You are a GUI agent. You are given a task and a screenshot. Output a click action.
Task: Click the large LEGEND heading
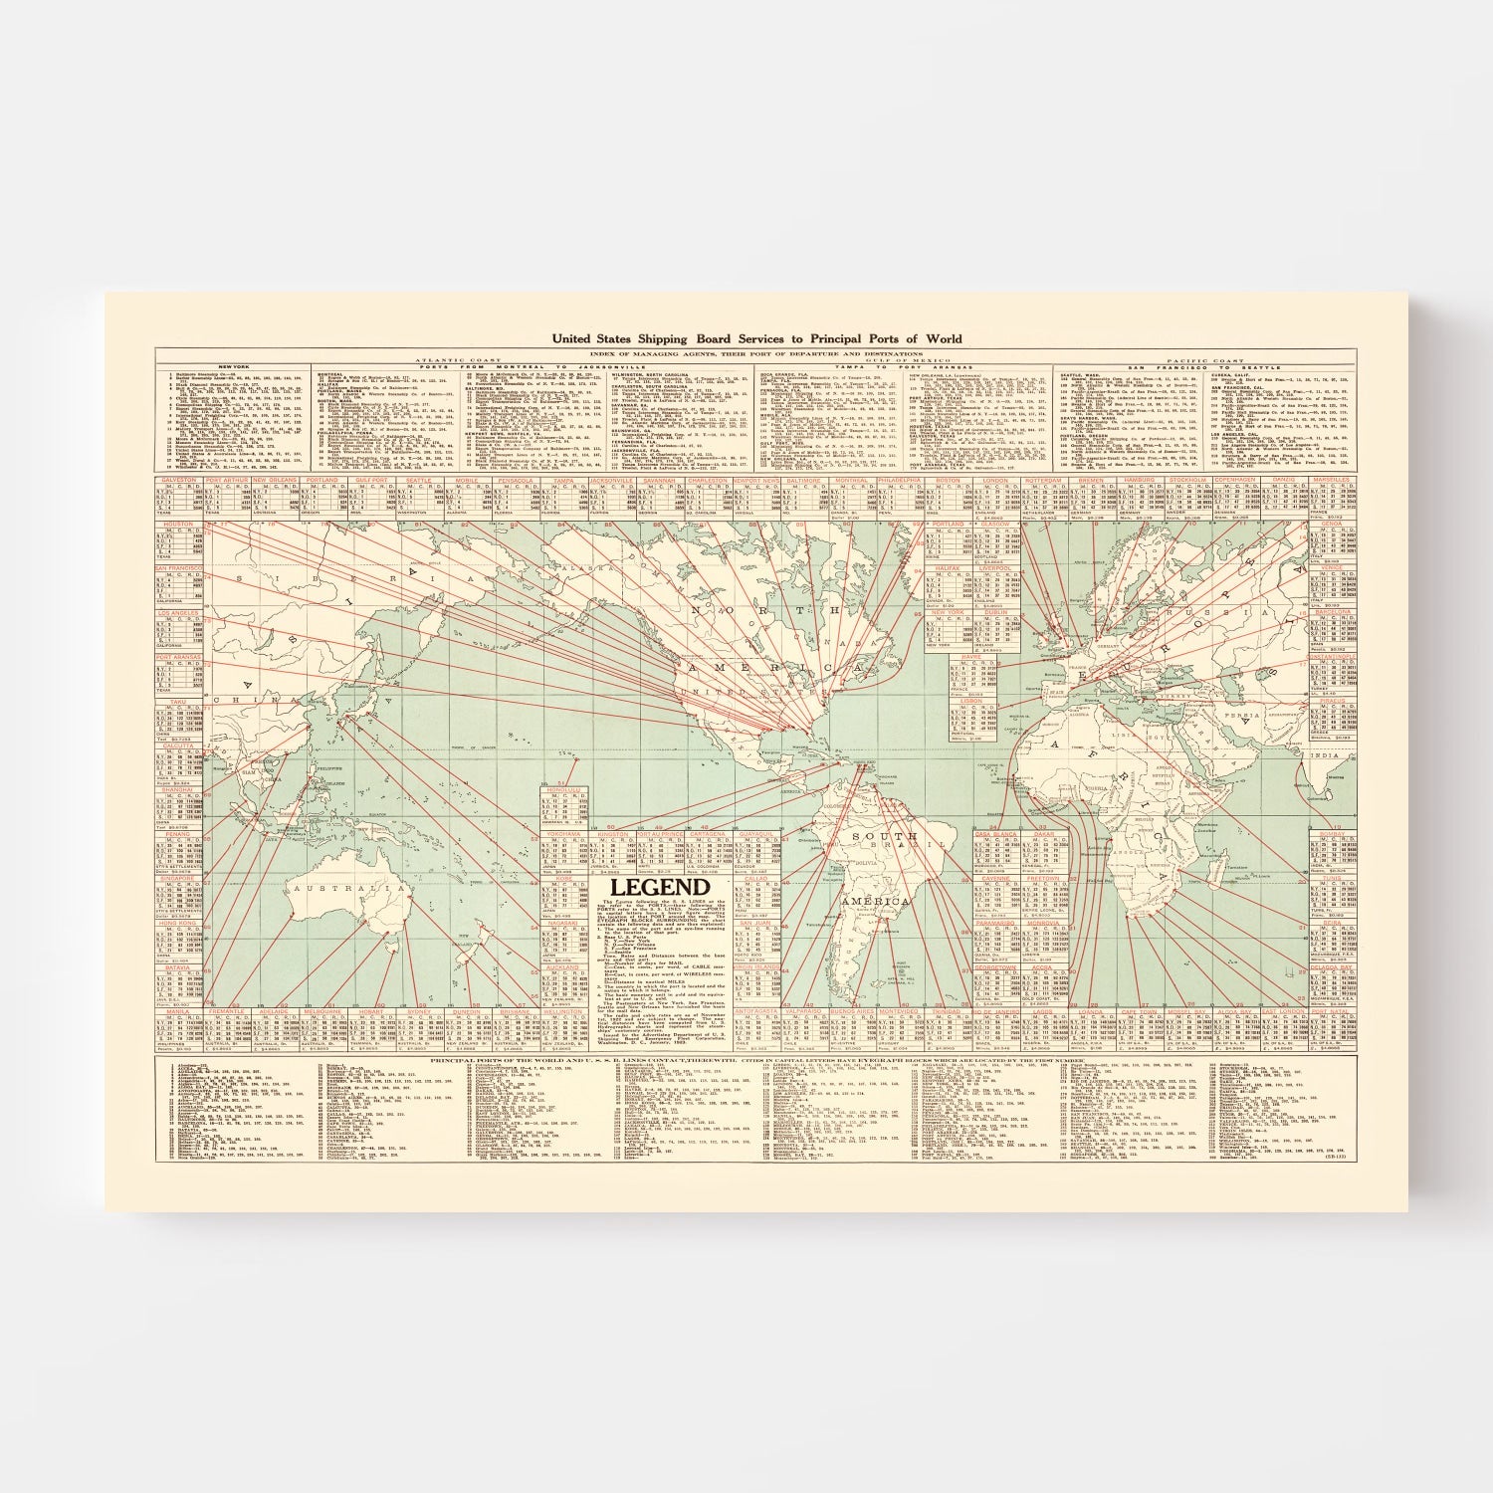pyautogui.click(x=660, y=888)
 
